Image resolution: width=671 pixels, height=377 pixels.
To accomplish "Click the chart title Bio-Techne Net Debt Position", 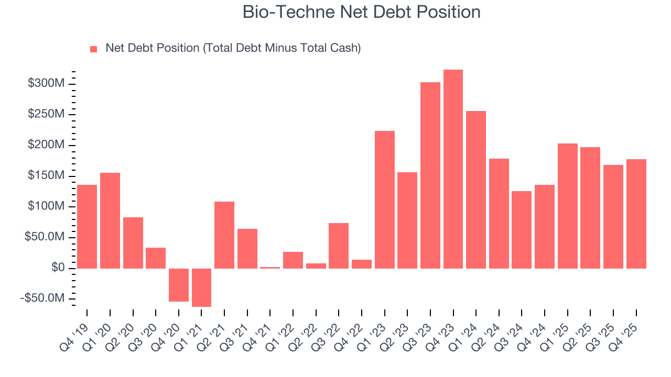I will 361,12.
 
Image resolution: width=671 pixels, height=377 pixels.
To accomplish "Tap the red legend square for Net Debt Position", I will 94,49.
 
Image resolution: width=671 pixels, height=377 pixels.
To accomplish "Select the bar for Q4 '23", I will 453,169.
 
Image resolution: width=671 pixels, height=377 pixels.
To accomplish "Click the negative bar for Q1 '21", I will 201,287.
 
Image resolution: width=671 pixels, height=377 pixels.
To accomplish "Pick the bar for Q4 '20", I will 179,285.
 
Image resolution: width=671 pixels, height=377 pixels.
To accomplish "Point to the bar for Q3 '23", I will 430,175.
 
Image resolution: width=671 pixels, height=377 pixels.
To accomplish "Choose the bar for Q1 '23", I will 384,199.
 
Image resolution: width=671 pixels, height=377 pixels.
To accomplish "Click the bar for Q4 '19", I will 87,226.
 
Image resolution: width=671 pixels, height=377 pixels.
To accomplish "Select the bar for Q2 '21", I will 224,235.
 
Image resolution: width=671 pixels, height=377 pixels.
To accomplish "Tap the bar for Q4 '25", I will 636,214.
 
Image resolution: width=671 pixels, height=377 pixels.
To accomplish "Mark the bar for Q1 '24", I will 476,190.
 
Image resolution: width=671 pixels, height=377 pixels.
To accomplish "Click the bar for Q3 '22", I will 339,246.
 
